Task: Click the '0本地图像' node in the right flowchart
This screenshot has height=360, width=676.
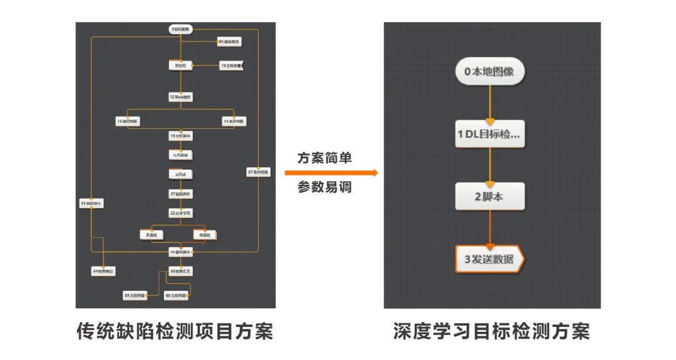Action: [489, 71]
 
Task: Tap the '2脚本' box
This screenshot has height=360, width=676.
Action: [489, 197]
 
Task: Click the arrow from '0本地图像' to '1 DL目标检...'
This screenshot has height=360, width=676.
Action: [489, 103]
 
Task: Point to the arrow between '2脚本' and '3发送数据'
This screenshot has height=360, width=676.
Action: [489, 228]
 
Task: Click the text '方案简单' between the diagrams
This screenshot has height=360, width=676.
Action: [324, 158]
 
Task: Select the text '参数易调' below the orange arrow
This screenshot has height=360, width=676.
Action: [324, 187]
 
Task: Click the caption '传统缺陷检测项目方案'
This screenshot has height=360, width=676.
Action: [175, 331]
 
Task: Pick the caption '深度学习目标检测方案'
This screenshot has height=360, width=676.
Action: [491, 331]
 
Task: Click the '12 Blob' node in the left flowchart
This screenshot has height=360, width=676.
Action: [180, 97]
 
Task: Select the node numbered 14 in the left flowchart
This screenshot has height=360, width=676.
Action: [234, 121]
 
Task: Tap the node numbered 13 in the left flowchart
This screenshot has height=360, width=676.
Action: [128, 121]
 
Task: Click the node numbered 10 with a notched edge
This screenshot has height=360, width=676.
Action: [230, 65]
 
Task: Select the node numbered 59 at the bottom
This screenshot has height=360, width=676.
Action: [135, 294]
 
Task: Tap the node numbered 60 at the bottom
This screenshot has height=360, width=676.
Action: [176, 294]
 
